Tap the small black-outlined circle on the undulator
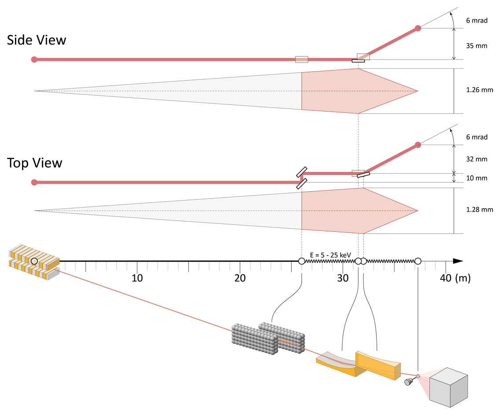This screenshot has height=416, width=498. (34, 261)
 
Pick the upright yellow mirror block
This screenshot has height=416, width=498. (378, 365)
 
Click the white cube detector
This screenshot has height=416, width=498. (448, 387)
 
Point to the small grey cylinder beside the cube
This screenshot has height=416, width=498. (409, 382)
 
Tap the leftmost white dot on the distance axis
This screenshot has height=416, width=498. (302, 261)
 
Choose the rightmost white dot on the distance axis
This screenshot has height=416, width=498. (418, 261)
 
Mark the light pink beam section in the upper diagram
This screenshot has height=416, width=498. (348, 91)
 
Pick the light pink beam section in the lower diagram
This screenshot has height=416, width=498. (348, 211)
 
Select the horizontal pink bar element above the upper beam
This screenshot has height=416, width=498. (302, 59)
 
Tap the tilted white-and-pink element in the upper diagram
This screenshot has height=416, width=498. (363, 57)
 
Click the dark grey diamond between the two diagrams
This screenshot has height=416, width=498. (356, 141)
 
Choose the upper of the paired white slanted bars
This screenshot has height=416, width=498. (302, 172)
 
